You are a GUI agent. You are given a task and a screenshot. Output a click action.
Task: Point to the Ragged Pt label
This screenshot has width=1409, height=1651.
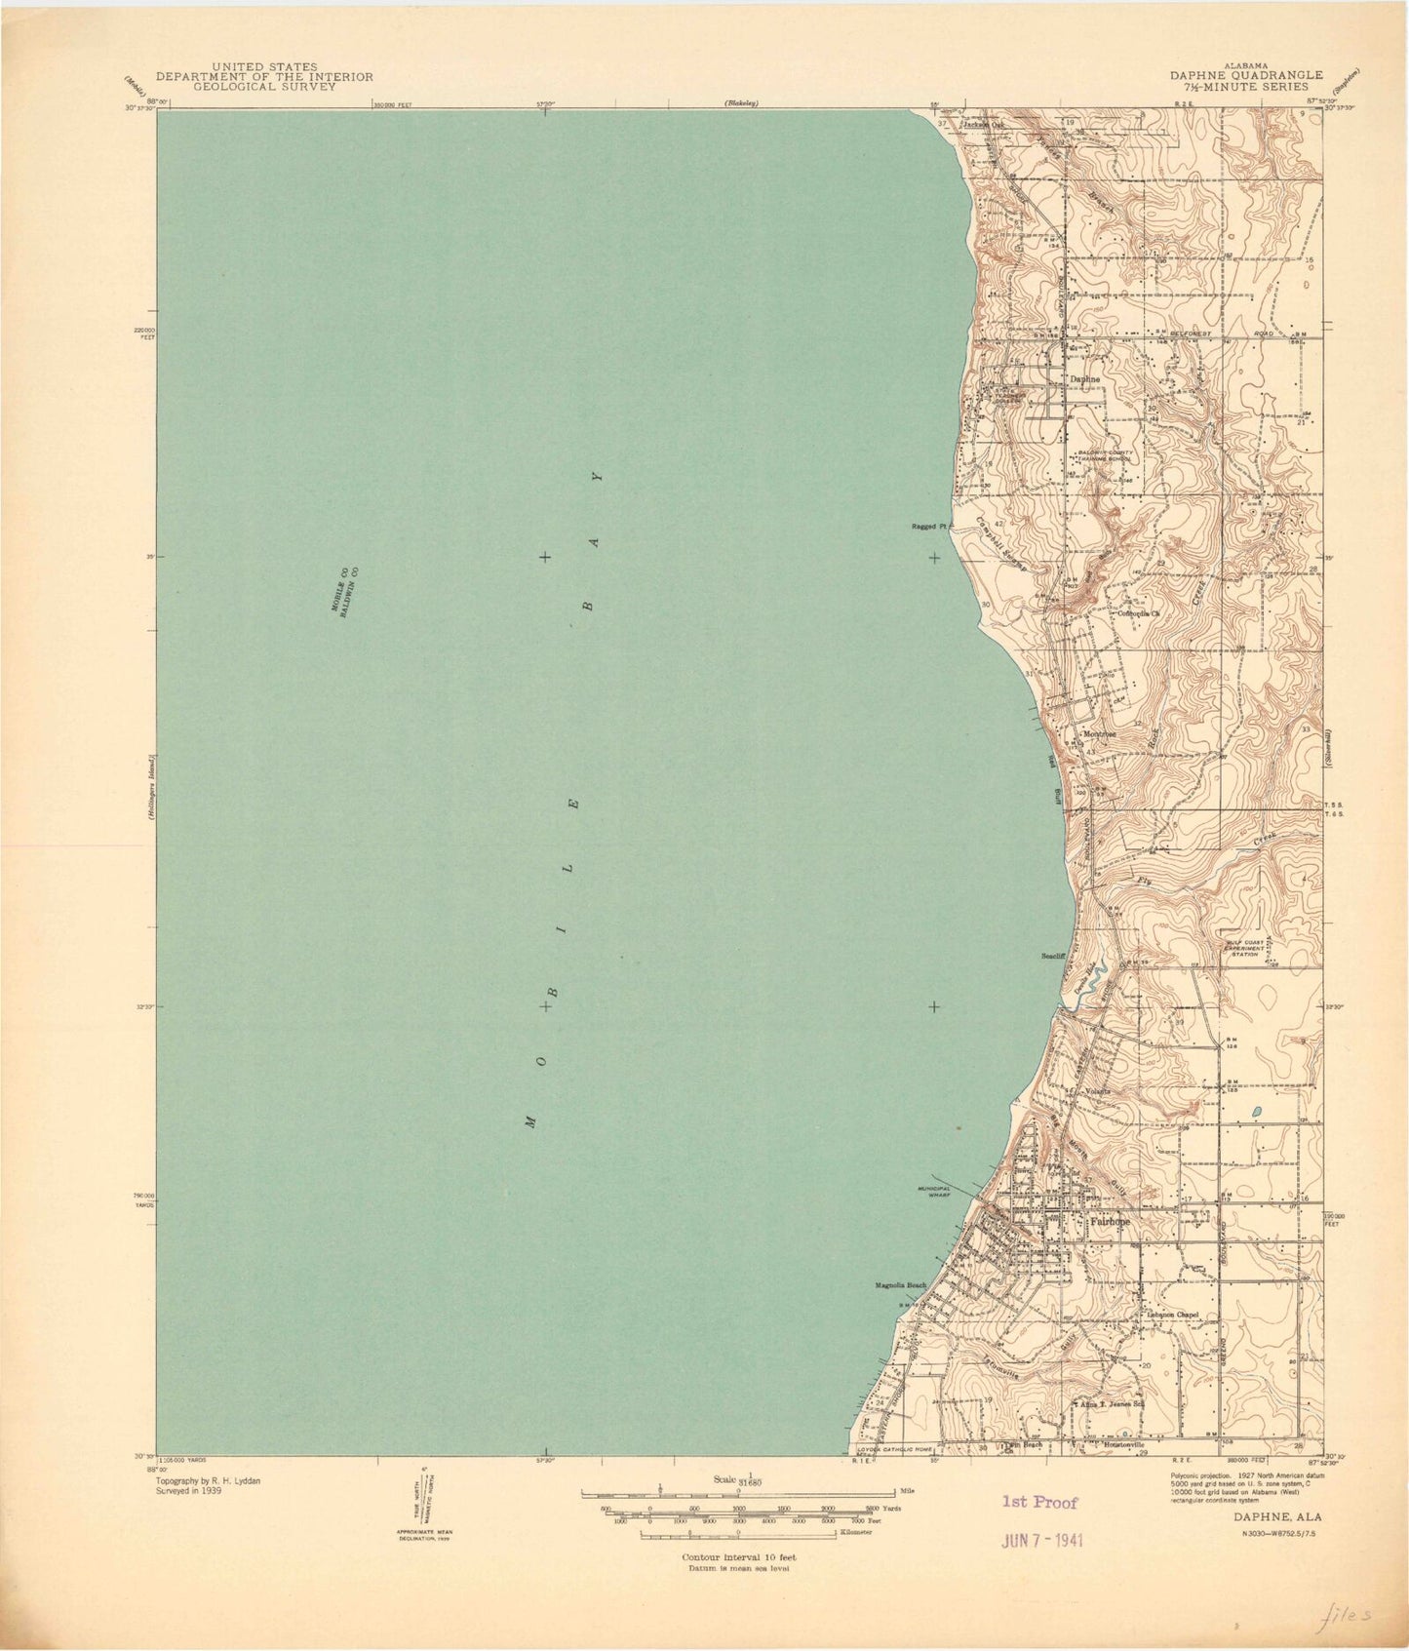(929, 527)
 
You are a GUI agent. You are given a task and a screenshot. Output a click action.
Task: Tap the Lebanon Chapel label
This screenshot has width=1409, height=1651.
(1170, 1314)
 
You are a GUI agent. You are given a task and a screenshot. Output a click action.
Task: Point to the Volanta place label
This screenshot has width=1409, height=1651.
(1098, 1090)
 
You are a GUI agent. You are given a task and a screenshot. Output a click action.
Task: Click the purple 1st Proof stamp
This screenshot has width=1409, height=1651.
(1039, 1503)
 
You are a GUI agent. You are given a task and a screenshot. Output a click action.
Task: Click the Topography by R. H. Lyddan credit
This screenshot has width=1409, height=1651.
(209, 1480)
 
